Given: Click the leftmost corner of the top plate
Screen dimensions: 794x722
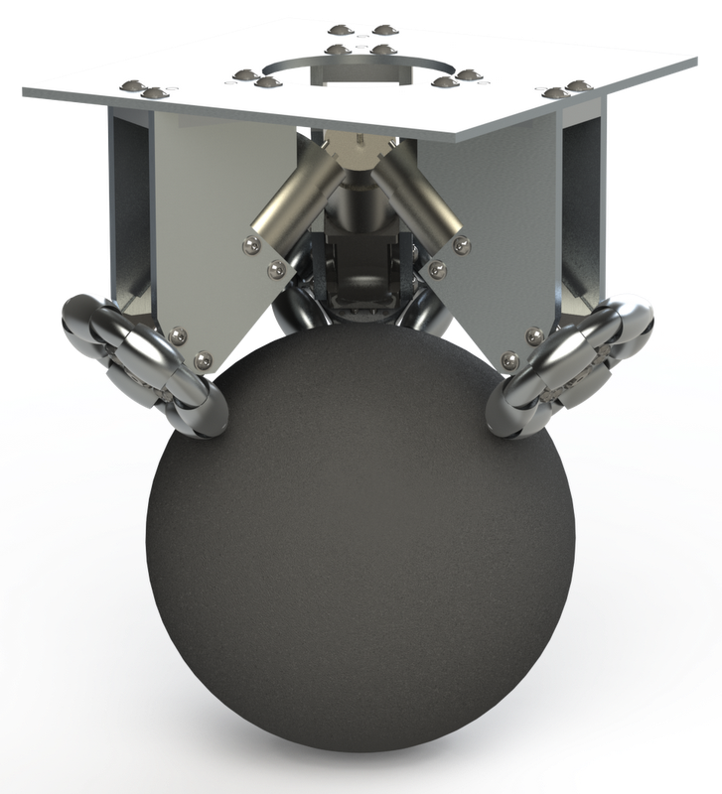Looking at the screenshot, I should (24, 90).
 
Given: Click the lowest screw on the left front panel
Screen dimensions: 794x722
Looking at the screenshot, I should (204, 358).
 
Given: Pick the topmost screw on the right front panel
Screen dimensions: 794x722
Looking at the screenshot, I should (460, 242).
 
